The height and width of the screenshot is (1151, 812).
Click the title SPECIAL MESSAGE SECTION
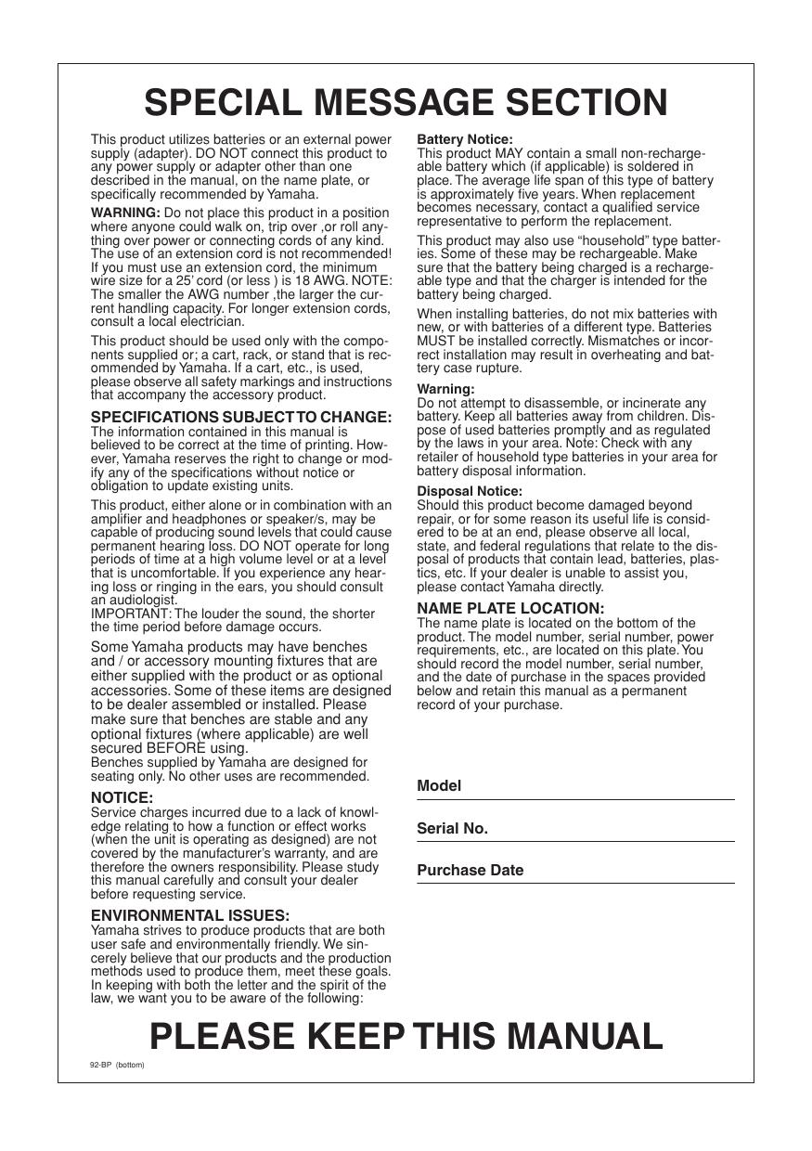point(406,102)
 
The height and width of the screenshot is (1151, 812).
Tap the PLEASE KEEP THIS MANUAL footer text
point(406,1035)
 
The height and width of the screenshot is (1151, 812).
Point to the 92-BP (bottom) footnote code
point(117,1065)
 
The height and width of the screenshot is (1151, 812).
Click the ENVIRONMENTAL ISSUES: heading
point(190,915)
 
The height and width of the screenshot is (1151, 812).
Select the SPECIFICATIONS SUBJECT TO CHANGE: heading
point(241,418)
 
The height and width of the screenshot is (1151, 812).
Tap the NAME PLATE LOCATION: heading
point(510,608)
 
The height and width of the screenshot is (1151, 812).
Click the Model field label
point(439,786)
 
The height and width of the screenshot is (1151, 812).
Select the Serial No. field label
point(452,828)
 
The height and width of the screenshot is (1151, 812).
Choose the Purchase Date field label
point(470,871)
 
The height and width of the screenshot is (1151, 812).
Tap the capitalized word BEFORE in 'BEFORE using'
point(173,748)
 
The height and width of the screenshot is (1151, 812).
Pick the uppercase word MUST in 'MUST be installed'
point(435,341)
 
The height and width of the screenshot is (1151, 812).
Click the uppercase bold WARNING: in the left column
point(125,213)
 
